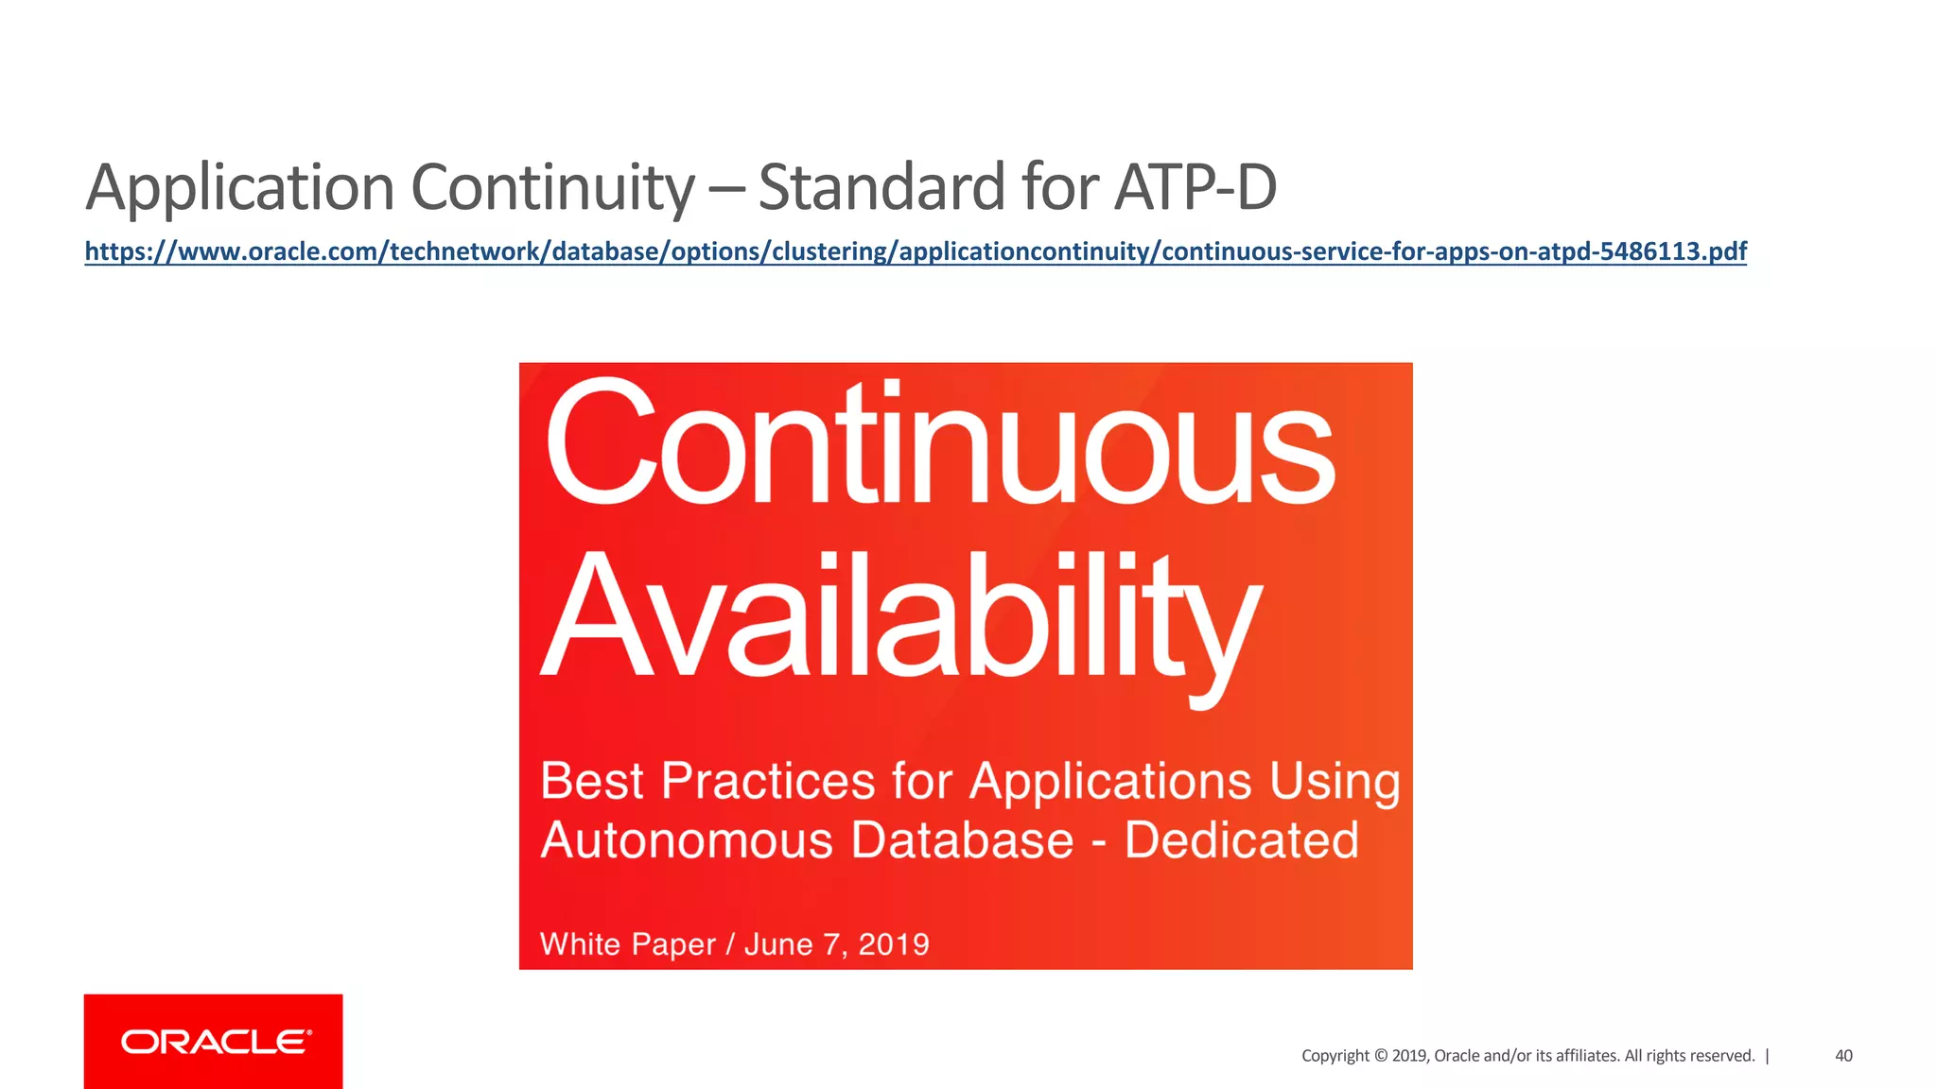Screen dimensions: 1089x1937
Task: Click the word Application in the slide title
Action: tap(239, 188)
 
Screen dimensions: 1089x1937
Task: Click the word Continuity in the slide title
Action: tap(553, 186)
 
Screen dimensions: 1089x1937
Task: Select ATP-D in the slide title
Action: tap(1195, 186)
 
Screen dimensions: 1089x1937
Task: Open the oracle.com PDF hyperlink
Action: tap(916, 251)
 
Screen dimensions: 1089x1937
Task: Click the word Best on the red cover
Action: tap(592, 782)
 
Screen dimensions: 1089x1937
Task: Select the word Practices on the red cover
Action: tap(768, 782)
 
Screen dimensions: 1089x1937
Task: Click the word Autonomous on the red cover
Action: tap(687, 840)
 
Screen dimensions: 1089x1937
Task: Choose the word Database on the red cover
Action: tap(962, 840)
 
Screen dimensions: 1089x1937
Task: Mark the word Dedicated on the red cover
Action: tap(1241, 840)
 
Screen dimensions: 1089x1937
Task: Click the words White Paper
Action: tap(628, 944)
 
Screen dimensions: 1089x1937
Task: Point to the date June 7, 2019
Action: tap(837, 944)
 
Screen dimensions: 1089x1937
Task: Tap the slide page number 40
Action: tap(1843, 1056)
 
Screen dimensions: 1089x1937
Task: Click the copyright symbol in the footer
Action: tap(1381, 1056)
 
